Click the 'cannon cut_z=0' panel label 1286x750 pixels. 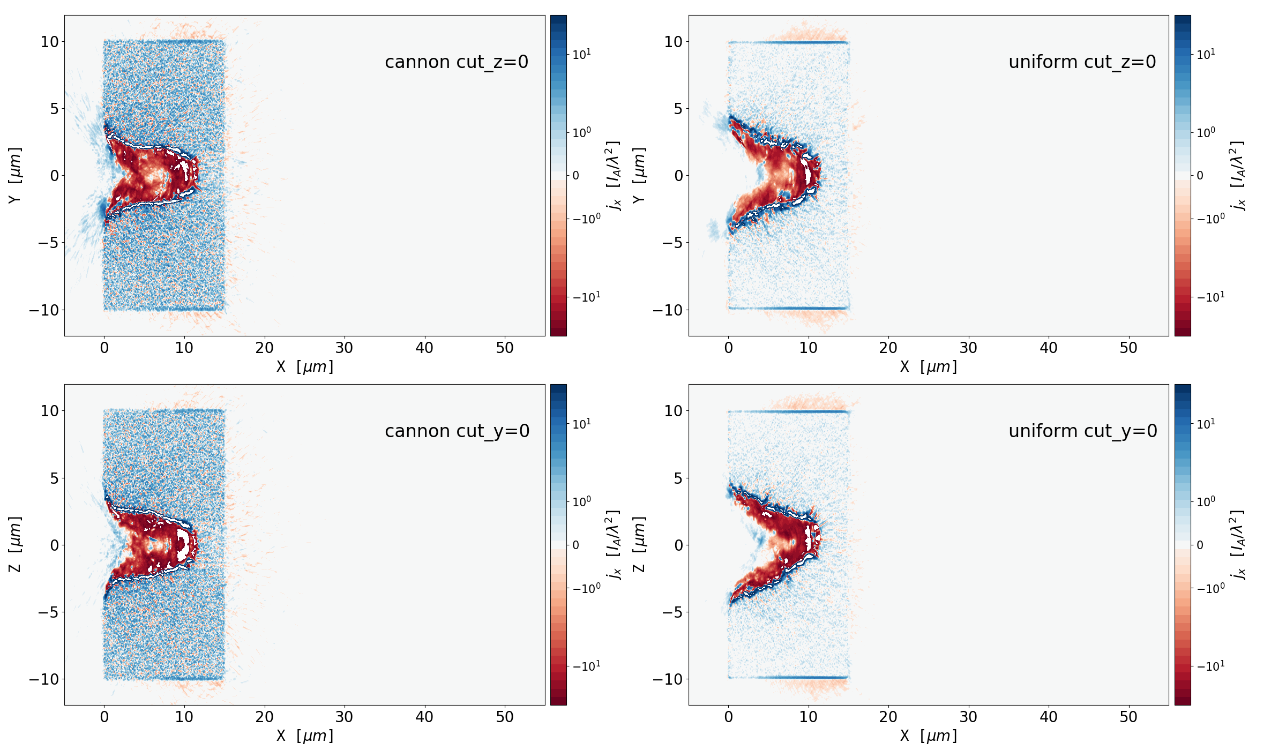pyautogui.click(x=457, y=62)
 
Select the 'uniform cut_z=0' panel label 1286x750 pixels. pyautogui.click(x=1082, y=62)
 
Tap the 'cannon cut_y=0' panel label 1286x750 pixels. pyautogui.click(x=457, y=431)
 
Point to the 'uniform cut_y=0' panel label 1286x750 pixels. pyautogui.click(x=1082, y=431)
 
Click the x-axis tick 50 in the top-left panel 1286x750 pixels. pyautogui.click(x=504, y=348)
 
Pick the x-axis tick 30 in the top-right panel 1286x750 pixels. pyautogui.click(x=968, y=348)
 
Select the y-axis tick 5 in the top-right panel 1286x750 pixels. pyautogui.click(x=678, y=109)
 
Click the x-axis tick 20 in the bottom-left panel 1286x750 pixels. pyautogui.click(x=264, y=717)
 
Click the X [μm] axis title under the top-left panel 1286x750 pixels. pyautogui.click(x=304, y=367)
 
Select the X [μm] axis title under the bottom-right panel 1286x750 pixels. pyautogui.click(x=928, y=736)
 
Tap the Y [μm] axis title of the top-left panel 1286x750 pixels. pyautogui.click(x=15, y=175)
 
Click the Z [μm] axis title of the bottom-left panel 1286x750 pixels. pyautogui.click(x=15, y=544)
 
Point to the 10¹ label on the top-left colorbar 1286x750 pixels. pyautogui.click(x=581, y=54)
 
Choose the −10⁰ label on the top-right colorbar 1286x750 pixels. pyautogui.click(x=1210, y=219)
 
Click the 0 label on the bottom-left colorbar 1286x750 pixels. pyautogui.click(x=575, y=545)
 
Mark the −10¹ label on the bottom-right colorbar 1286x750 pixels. pyautogui.click(x=1210, y=666)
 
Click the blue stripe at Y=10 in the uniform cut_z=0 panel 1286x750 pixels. pyautogui.click(x=788, y=42)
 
